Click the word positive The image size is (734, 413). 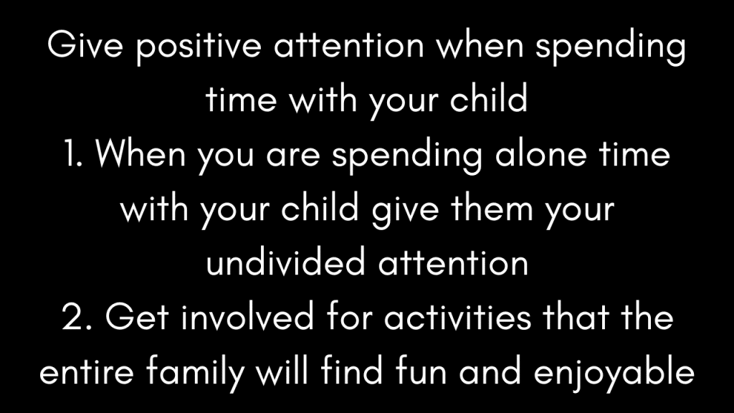pyautogui.click(x=199, y=47)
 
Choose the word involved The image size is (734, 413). pyautogui.click(x=247, y=315)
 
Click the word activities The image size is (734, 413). pyautogui.click(x=457, y=315)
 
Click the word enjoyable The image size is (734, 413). pyautogui.click(x=614, y=373)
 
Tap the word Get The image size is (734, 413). pyautogui.click(x=137, y=316)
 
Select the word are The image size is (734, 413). pyautogui.click(x=293, y=156)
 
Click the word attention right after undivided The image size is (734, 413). pyautogui.click(x=453, y=262)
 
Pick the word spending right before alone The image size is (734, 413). pyautogui.click(x=407, y=156)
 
